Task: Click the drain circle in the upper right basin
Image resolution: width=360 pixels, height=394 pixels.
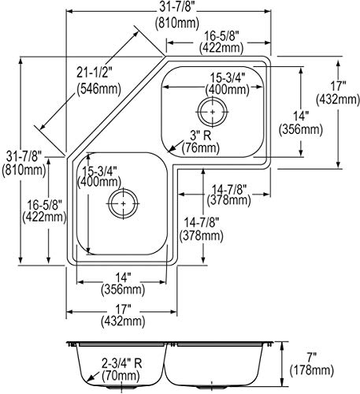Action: (x=212, y=114)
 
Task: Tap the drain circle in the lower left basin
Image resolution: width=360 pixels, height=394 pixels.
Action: (x=122, y=203)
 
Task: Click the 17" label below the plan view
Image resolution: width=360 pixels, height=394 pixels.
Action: (x=122, y=308)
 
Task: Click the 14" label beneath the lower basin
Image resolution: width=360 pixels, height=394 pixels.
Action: (x=121, y=277)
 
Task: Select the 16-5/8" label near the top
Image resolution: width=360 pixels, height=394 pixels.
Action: (x=222, y=35)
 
